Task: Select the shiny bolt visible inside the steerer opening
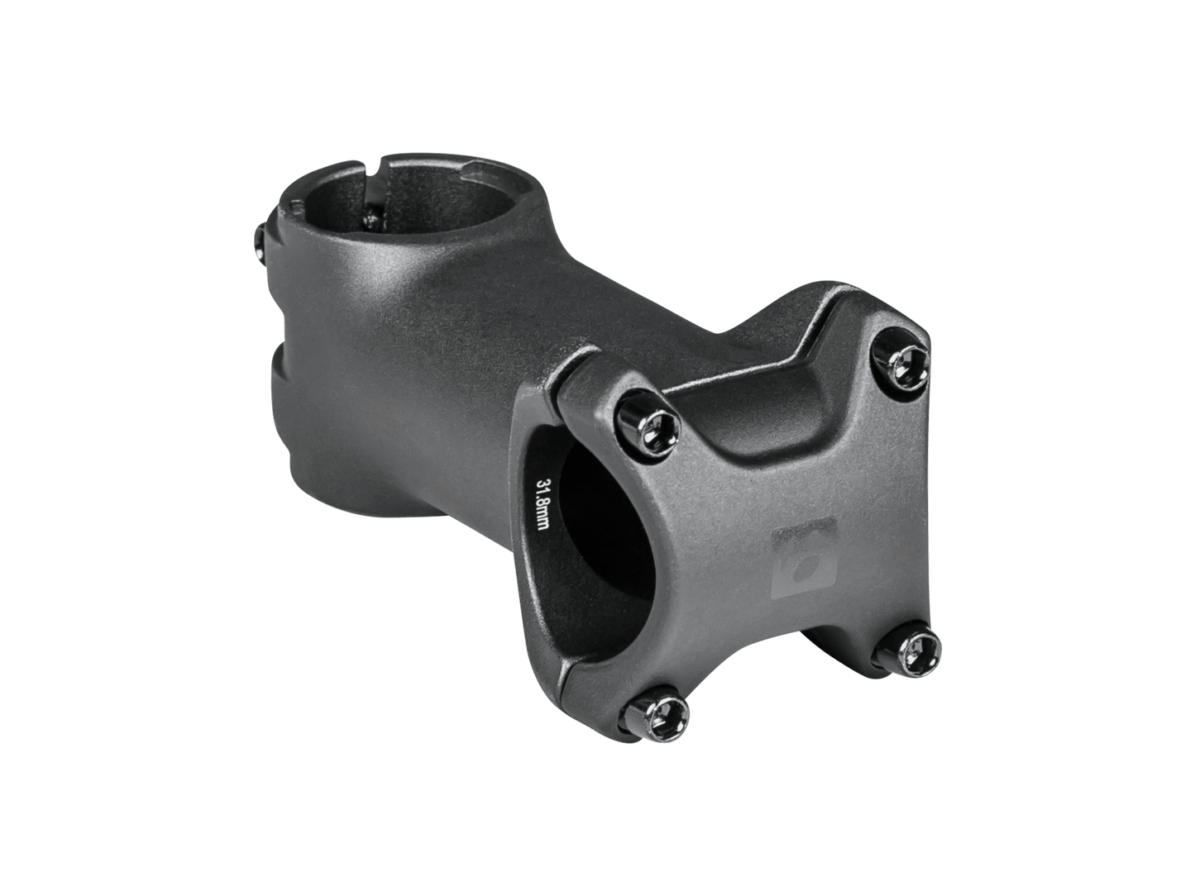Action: pyautogui.click(x=371, y=218)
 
